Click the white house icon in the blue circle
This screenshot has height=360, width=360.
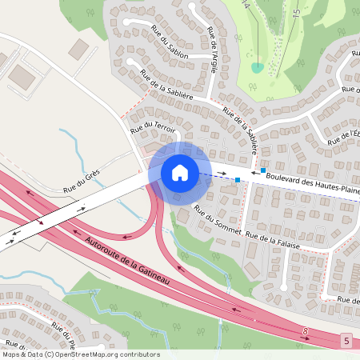pos(179,172)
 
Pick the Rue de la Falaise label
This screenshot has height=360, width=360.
pos(273,240)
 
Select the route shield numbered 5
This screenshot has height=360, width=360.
pos(346,341)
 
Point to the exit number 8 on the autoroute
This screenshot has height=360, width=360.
pos(305,330)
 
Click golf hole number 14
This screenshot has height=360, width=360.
pos(246,6)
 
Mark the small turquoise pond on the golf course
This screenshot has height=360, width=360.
pos(256,68)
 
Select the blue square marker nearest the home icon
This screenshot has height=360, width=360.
pos(237,179)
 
